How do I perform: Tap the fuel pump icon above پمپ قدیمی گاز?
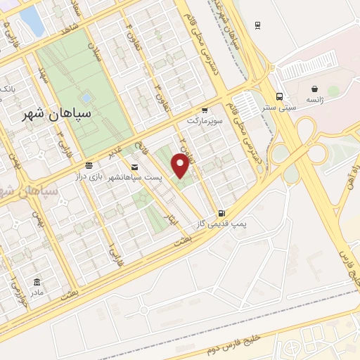coord(222,213)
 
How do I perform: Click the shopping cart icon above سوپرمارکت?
coord(204,110)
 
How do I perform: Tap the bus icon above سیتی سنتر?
coord(280,96)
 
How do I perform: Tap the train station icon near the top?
coord(258,25)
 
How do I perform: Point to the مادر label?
coord(35,292)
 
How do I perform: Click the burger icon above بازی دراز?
coord(88,165)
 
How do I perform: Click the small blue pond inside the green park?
coord(86,97)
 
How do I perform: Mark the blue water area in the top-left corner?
coord(32,19)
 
